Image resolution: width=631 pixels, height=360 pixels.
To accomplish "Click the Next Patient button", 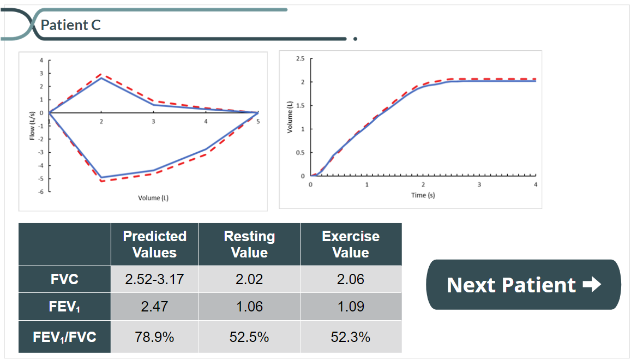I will [523, 285].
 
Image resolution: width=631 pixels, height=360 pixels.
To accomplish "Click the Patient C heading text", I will [71, 25].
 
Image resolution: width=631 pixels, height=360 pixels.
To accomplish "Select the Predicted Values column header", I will [154, 244].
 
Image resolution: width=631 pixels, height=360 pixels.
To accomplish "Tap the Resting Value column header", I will [249, 244].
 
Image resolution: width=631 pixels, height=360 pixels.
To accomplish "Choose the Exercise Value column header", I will [351, 244].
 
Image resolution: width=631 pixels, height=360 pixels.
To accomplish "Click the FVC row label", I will [64, 279].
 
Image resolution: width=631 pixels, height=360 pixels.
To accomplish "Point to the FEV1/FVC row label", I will [64, 337].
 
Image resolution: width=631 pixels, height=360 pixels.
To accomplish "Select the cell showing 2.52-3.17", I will [154, 280].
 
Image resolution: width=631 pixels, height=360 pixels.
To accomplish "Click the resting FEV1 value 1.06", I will [249, 307].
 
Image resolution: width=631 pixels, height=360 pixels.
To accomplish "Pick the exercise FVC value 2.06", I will [351, 280].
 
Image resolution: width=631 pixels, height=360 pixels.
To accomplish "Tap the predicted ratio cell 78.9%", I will [154, 337].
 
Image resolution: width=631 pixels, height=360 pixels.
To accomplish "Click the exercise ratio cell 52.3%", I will [351, 337].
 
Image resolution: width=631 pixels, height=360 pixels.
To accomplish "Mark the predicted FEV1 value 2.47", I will [154, 307].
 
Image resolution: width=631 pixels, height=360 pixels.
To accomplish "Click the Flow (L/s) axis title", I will [33, 125].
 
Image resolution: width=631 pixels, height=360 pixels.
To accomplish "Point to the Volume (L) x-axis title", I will [153, 197].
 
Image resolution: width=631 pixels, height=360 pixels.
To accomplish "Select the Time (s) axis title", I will [423, 195].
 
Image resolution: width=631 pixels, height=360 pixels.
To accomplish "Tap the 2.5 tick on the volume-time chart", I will [301, 58].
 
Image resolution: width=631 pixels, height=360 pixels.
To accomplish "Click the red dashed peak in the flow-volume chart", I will [101, 74].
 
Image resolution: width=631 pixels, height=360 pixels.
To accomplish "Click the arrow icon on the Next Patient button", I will [592, 285].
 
